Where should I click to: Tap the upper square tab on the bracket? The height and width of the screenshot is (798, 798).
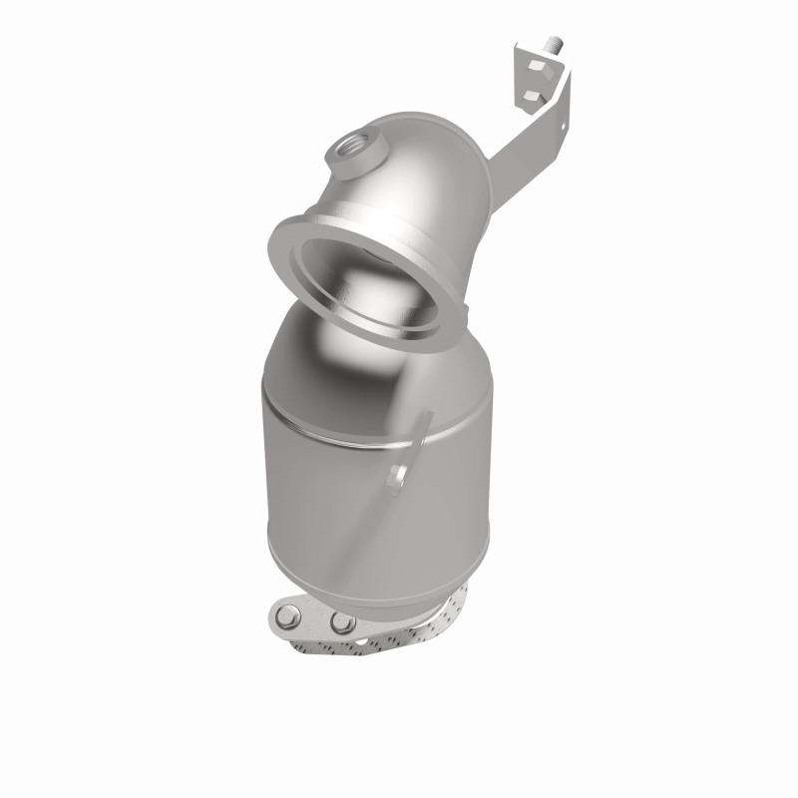(539, 67)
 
